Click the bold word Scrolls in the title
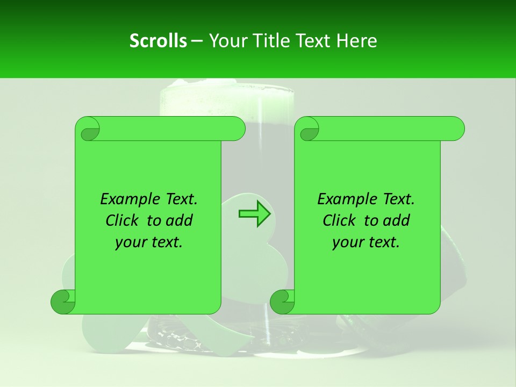(158, 41)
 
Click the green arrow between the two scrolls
(254, 214)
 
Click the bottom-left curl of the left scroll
(63, 302)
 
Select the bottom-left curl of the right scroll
(282, 302)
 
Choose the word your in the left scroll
(130, 242)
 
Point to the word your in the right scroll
(347, 242)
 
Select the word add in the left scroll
(180, 221)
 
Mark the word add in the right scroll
(397, 221)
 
